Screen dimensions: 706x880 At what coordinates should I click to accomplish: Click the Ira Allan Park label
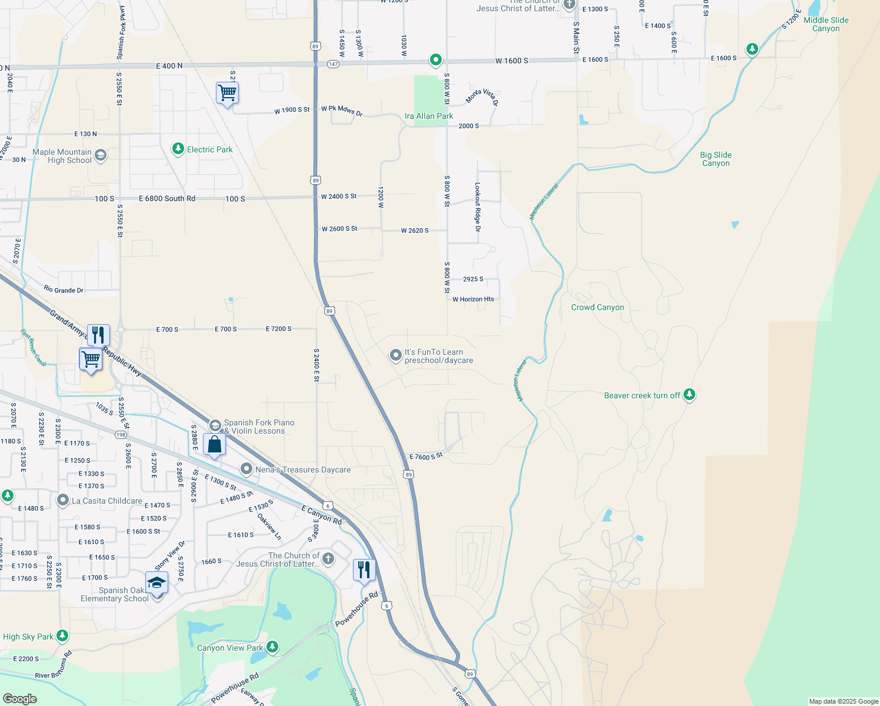(x=429, y=116)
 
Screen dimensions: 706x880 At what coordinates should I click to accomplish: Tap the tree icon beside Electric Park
(x=178, y=149)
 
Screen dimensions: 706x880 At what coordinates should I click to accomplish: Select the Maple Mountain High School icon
(x=101, y=155)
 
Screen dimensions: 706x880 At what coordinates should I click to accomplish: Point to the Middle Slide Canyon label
(x=826, y=24)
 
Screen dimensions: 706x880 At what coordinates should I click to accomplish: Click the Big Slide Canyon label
(x=716, y=159)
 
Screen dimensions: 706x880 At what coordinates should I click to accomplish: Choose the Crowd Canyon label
(x=598, y=307)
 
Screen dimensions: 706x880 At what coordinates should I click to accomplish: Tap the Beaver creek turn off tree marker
(x=689, y=395)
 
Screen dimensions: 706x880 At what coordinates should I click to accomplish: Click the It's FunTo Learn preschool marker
(x=396, y=355)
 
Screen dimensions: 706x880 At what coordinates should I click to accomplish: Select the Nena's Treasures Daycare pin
(x=246, y=469)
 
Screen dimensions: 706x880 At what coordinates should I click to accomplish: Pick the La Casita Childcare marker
(x=63, y=500)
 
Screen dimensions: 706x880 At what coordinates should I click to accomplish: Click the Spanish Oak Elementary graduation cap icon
(x=156, y=582)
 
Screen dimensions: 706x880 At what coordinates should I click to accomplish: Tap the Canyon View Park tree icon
(x=272, y=647)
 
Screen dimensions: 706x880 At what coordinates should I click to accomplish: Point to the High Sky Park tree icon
(x=62, y=636)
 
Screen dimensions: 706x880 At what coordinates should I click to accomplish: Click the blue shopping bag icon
(x=214, y=444)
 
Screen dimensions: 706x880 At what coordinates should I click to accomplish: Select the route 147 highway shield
(x=333, y=64)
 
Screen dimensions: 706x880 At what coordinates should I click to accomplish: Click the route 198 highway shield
(x=121, y=435)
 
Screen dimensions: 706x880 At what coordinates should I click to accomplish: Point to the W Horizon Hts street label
(x=473, y=299)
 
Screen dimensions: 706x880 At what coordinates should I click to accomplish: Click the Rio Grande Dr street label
(x=64, y=290)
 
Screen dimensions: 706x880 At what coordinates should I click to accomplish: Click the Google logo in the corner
(x=20, y=699)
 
